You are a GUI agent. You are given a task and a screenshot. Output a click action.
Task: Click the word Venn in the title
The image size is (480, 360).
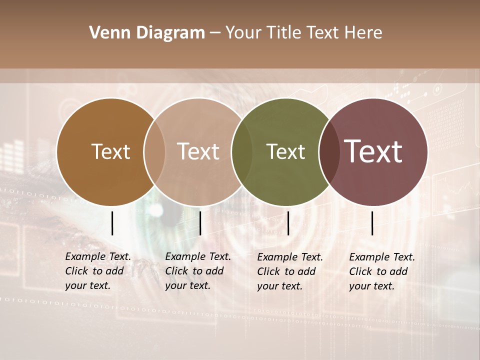[x=109, y=33]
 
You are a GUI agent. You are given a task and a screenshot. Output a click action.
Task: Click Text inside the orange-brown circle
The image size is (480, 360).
[x=110, y=151]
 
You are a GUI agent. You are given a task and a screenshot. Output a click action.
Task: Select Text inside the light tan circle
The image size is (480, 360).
[x=198, y=151]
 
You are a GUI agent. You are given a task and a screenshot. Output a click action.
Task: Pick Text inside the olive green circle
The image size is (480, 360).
[x=285, y=151]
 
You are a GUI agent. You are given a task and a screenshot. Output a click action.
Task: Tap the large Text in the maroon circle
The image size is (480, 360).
[x=373, y=151]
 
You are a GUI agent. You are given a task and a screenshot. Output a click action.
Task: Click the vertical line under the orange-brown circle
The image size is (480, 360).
[x=112, y=223]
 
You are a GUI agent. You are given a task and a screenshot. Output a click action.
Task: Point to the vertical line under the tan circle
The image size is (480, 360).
[x=200, y=223]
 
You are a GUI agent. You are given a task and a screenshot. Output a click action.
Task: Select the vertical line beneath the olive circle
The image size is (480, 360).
[x=288, y=223]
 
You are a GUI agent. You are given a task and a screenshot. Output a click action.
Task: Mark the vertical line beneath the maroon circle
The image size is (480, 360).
[x=372, y=223]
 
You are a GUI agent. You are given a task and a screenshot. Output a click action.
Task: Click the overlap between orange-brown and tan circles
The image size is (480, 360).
[x=154, y=152]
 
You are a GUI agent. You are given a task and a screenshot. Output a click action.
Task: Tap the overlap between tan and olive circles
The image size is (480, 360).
[x=242, y=152]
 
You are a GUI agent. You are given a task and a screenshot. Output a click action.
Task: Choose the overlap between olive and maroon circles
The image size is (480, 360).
[x=329, y=152]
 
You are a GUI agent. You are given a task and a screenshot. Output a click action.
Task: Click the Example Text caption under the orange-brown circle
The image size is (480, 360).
[x=98, y=271]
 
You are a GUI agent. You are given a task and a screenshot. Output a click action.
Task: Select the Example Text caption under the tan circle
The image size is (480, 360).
[x=198, y=271]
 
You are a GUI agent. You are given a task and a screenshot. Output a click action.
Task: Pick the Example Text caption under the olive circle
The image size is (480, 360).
[x=290, y=271]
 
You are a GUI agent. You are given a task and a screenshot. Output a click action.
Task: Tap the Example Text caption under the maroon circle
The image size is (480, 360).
[x=382, y=271]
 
